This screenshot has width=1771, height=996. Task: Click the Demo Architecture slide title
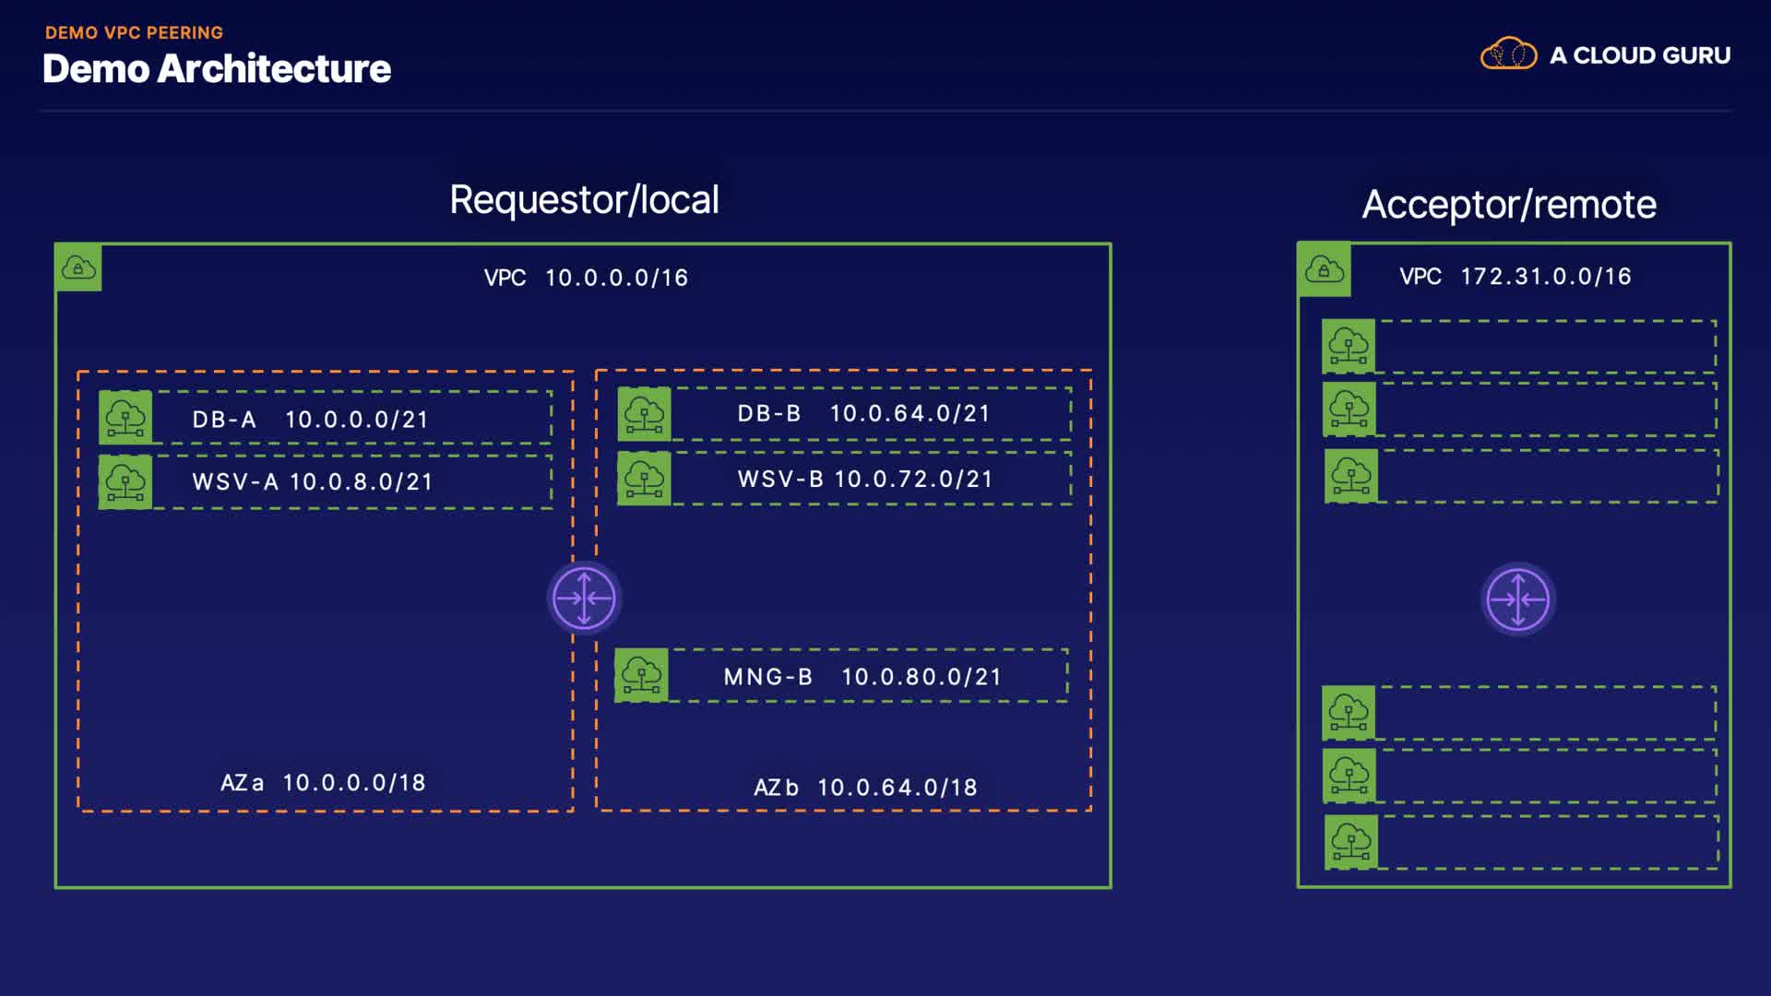pyautogui.click(x=217, y=69)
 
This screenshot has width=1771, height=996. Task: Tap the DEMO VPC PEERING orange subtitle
pyautogui.click(x=134, y=32)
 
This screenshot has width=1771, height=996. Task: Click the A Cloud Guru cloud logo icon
pyautogui.click(x=1508, y=54)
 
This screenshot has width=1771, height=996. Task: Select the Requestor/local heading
pyautogui.click(x=584, y=199)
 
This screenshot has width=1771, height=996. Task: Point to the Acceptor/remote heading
pyautogui.click(x=1509, y=204)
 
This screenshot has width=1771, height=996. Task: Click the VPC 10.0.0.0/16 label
pyautogui.click(x=586, y=278)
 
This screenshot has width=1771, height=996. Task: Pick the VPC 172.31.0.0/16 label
pyautogui.click(x=1515, y=276)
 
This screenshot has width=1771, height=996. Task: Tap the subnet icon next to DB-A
pyautogui.click(x=125, y=418)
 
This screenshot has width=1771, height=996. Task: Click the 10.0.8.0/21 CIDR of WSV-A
pyautogui.click(x=361, y=481)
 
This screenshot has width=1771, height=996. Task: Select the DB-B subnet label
pyautogui.click(x=768, y=413)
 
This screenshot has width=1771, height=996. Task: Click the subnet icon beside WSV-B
pyautogui.click(x=644, y=479)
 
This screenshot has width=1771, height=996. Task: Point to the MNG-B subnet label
pyautogui.click(x=767, y=677)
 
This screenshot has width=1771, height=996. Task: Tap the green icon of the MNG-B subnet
pyautogui.click(x=641, y=676)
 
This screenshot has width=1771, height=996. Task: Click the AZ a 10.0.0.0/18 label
pyautogui.click(x=323, y=783)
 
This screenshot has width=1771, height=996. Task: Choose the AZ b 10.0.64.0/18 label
pyautogui.click(x=865, y=788)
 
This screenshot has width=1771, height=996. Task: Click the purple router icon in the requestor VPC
pyautogui.click(x=584, y=598)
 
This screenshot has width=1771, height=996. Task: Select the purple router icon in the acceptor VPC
pyautogui.click(x=1518, y=599)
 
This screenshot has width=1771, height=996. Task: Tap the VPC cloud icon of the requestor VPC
pyautogui.click(x=78, y=268)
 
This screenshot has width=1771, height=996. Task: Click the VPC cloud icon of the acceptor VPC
pyautogui.click(x=1325, y=270)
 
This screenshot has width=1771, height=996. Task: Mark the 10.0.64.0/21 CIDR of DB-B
pyautogui.click(x=909, y=413)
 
